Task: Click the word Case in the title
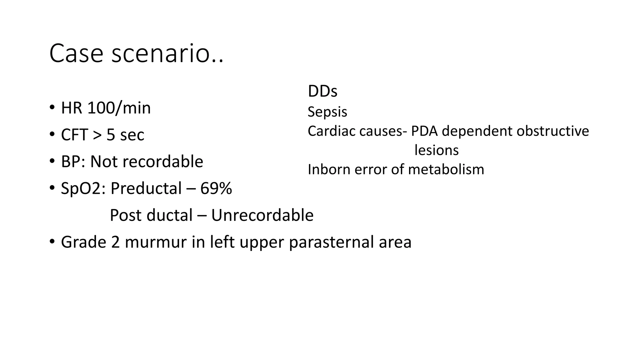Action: pyautogui.click(x=76, y=53)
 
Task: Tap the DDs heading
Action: pyautogui.click(x=322, y=91)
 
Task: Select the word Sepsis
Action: pyautogui.click(x=327, y=112)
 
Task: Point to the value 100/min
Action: pyautogui.click(x=119, y=108)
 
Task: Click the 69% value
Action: pyautogui.click(x=216, y=188)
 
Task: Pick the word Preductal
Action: pyautogui.click(x=146, y=188)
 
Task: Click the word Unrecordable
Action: pyautogui.click(x=262, y=215)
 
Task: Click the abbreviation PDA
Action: pyautogui.click(x=425, y=131)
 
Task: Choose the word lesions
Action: pyautogui.click(x=436, y=150)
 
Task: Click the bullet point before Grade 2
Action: pyautogui.click(x=52, y=242)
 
